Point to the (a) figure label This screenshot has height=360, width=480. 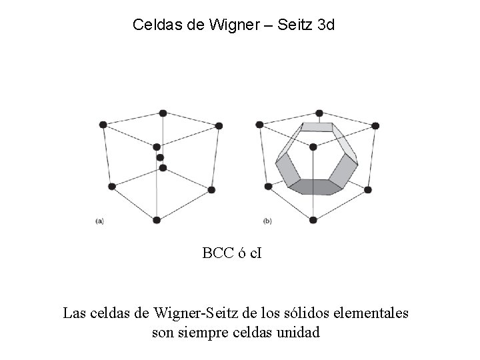pyautogui.click(x=99, y=221)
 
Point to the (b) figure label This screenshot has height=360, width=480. pyautogui.click(x=267, y=221)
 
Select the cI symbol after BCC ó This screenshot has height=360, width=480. pyautogui.click(x=255, y=253)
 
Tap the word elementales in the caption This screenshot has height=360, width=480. pyautogui.click(x=372, y=312)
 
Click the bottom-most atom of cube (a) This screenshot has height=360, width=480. pyautogui.click(x=156, y=219)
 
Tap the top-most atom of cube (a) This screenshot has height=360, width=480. pyautogui.click(x=163, y=113)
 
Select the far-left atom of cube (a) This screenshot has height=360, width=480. pyautogui.click(x=103, y=125)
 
